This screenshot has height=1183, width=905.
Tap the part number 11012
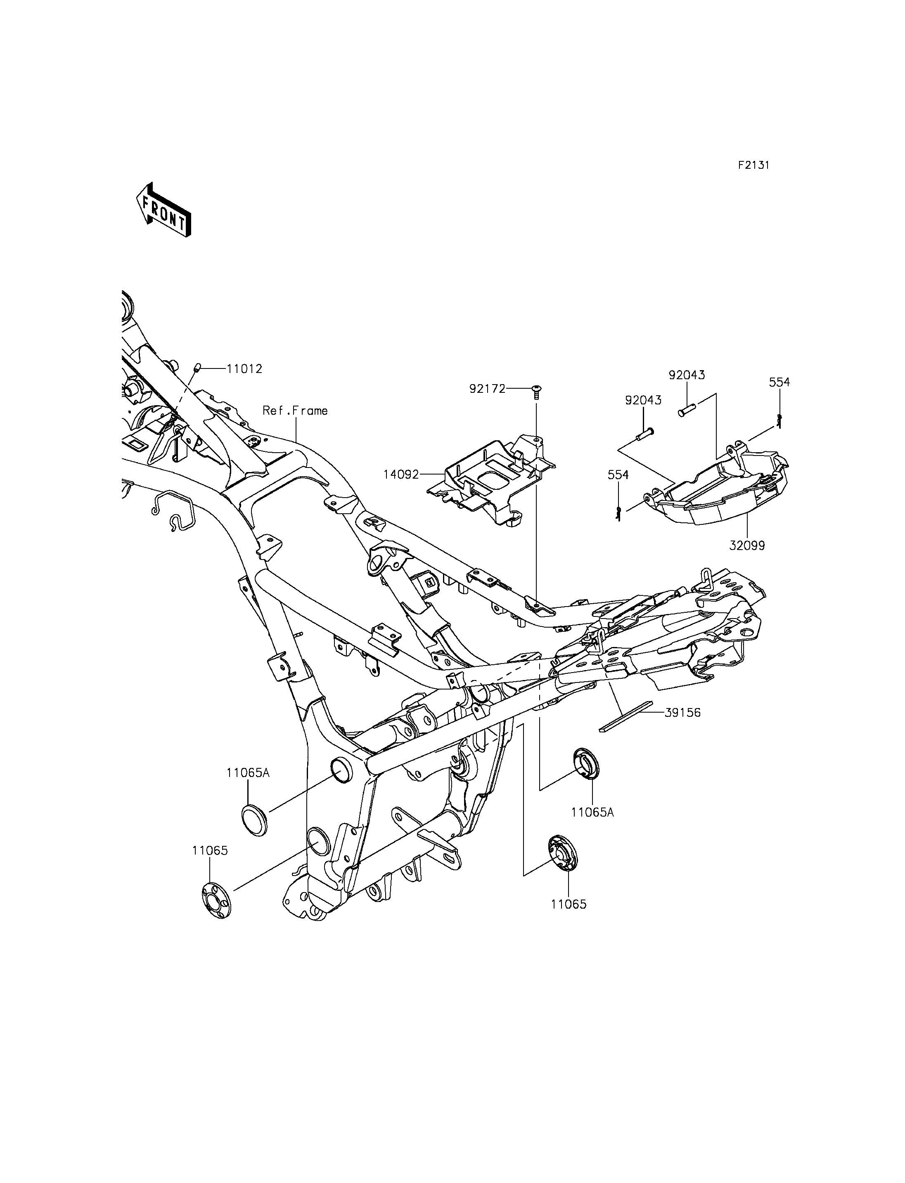pyautogui.click(x=244, y=369)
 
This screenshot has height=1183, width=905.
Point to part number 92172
pyautogui.click(x=488, y=388)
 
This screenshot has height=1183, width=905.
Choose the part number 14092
pyautogui.click(x=401, y=475)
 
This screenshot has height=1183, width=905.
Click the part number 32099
pyautogui.click(x=747, y=545)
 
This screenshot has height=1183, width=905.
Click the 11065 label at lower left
pyautogui.click(x=210, y=850)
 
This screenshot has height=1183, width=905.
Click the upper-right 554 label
pyautogui.click(x=779, y=382)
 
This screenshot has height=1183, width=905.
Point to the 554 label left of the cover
pyautogui.click(x=618, y=475)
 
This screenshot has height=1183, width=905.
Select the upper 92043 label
pyautogui.click(x=687, y=374)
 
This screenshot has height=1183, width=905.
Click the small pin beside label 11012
pyautogui.click(x=198, y=368)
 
